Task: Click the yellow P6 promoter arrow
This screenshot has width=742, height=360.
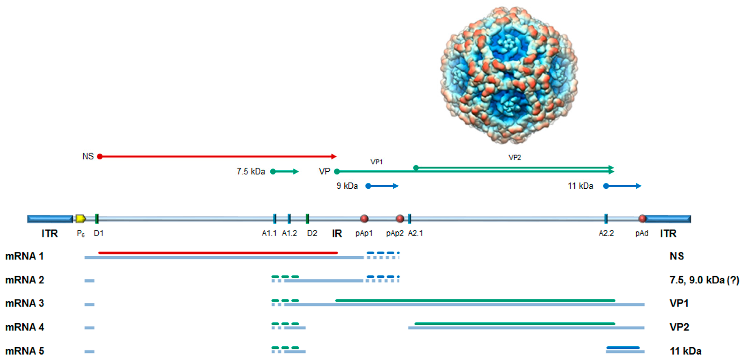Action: (80, 219)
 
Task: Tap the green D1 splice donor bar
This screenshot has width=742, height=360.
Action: (97, 219)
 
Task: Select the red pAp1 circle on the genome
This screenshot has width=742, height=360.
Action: (364, 219)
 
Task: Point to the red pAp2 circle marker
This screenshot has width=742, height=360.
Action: (399, 219)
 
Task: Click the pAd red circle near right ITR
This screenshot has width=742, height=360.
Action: (642, 219)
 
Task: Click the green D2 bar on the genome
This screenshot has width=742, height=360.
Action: (307, 219)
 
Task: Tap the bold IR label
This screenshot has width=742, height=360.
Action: (337, 233)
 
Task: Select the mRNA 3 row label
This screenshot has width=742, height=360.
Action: (25, 303)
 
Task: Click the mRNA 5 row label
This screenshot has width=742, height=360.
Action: (25, 351)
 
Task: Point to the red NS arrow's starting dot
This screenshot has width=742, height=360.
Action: (100, 157)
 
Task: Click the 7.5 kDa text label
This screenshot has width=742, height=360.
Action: (251, 172)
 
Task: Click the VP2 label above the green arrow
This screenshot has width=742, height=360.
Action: (514, 157)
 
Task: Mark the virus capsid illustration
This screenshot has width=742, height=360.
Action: (509, 75)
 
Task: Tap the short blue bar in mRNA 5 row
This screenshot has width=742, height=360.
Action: (623, 348)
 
